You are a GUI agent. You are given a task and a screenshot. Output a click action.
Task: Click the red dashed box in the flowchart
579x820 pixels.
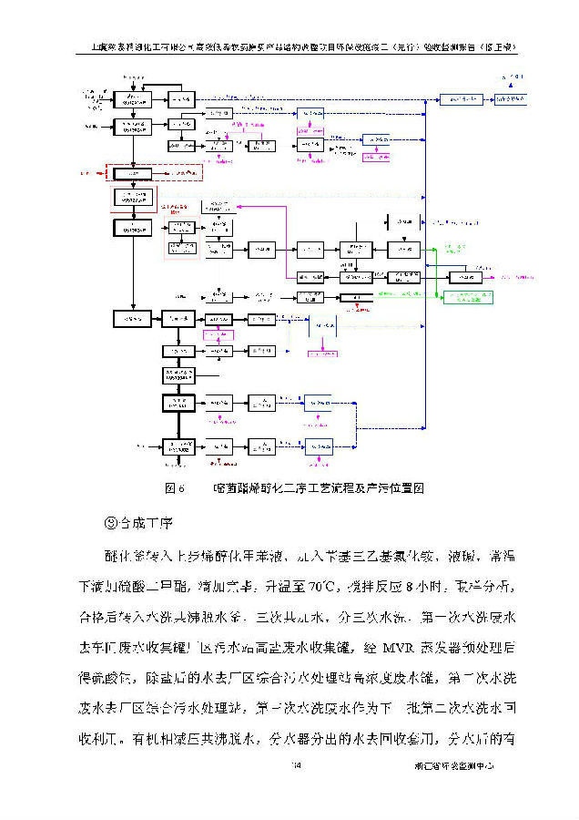coord(154,172)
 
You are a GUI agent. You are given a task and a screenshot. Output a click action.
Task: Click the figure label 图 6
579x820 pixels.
coord(175,488)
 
